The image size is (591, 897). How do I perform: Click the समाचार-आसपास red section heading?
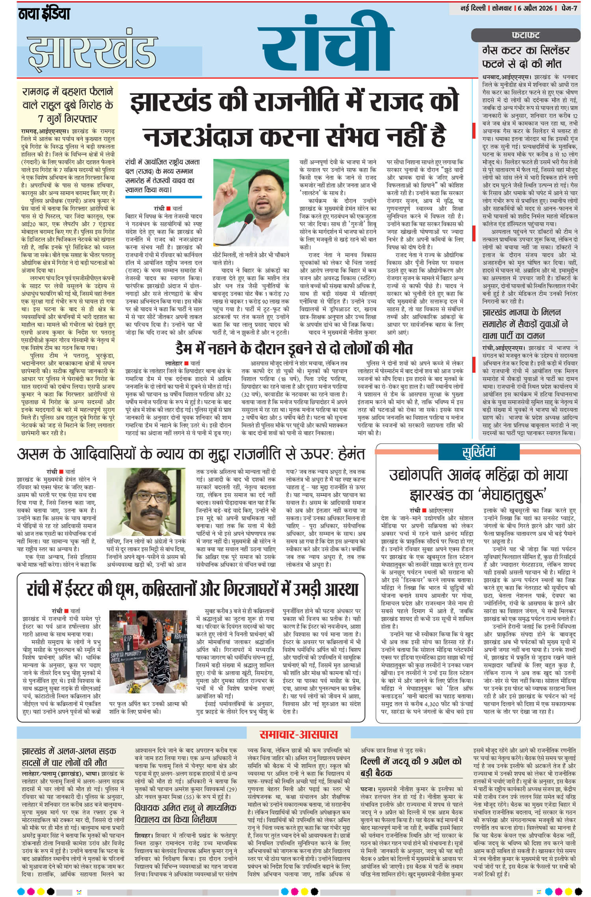coord(298,734)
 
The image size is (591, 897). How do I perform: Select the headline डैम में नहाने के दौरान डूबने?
coord(294,349)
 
